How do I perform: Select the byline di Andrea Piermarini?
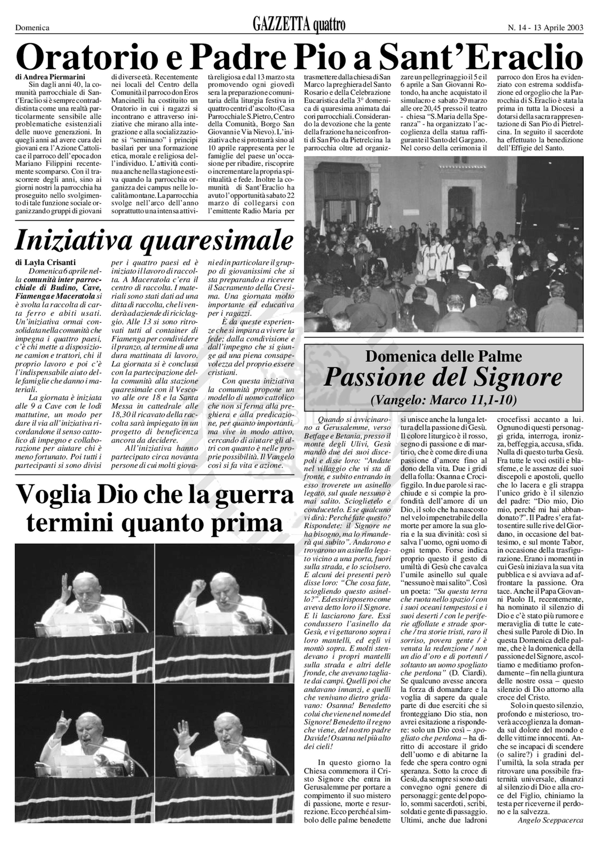[x=50, y=77]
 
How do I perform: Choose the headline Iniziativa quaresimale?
[x=154, y=240]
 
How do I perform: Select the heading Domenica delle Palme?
[x=444, y=356]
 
